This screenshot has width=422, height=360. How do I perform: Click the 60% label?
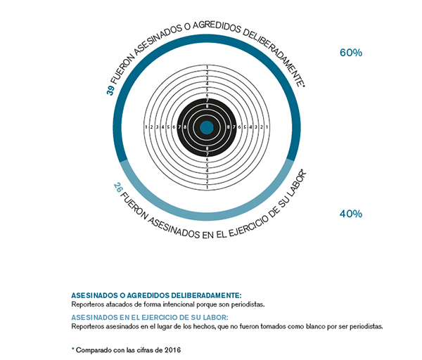pyautogui.click(x=350, y=53)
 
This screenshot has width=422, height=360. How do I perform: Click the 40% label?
pyautogui.click(x=350, y=214)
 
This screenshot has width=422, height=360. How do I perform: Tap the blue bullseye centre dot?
pyautogui.click(x=207, y=127)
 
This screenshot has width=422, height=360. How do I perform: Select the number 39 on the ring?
pyautogui.click(x=110, y=90)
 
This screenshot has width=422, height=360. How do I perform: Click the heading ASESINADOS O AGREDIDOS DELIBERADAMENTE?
pyautogui.click(x=156, y=296)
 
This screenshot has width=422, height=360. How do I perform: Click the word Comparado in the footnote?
pyautogui.click(x=94, y=349)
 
